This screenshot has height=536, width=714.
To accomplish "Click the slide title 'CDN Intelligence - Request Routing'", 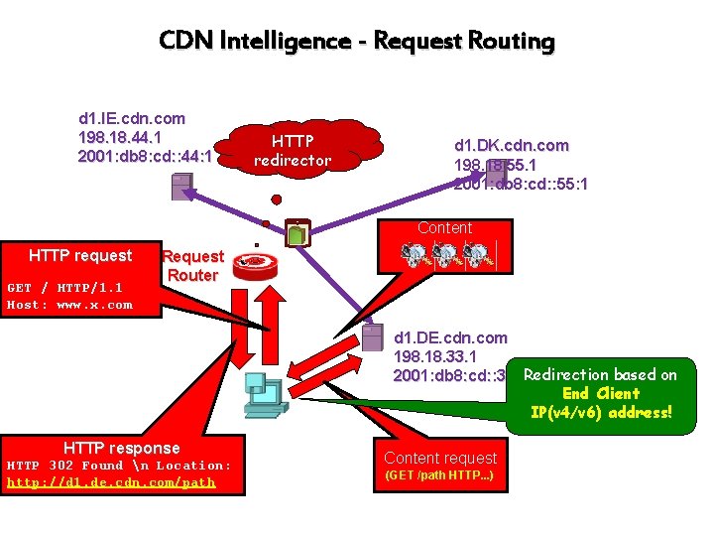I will click(x=357, y=41).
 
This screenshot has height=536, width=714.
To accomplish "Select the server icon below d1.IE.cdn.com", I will click(x=182, y=187).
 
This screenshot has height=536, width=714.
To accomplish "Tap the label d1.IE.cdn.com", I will click(x=132, y=118).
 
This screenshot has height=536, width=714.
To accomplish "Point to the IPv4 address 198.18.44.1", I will click(x=120, y=137).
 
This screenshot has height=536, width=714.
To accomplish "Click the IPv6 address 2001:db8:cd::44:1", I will click(x=145, y=156).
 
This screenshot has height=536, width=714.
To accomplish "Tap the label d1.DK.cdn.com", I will click(x=512, y=145).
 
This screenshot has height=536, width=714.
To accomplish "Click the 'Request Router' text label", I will click(x=192, y=265).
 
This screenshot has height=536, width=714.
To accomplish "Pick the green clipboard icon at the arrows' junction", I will click(x=297, y=234).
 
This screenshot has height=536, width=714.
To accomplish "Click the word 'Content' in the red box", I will click(x=444, y=227).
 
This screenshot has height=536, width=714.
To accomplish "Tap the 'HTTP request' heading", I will click(x=80, y=256).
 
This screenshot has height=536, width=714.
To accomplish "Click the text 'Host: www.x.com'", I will click(x=69, y=305).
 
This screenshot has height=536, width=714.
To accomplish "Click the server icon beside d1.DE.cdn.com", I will click(x=372, y=337).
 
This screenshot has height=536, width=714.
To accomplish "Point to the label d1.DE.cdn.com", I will click(x=450, y=337).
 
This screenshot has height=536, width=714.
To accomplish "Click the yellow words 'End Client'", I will click(x=600, y=393).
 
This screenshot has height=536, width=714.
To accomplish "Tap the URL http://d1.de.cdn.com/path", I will click(x=111, y=482).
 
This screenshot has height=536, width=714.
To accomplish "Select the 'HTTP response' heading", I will click(x=121, y=448).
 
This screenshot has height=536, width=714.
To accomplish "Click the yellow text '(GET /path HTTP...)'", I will click(x=439, y=476).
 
